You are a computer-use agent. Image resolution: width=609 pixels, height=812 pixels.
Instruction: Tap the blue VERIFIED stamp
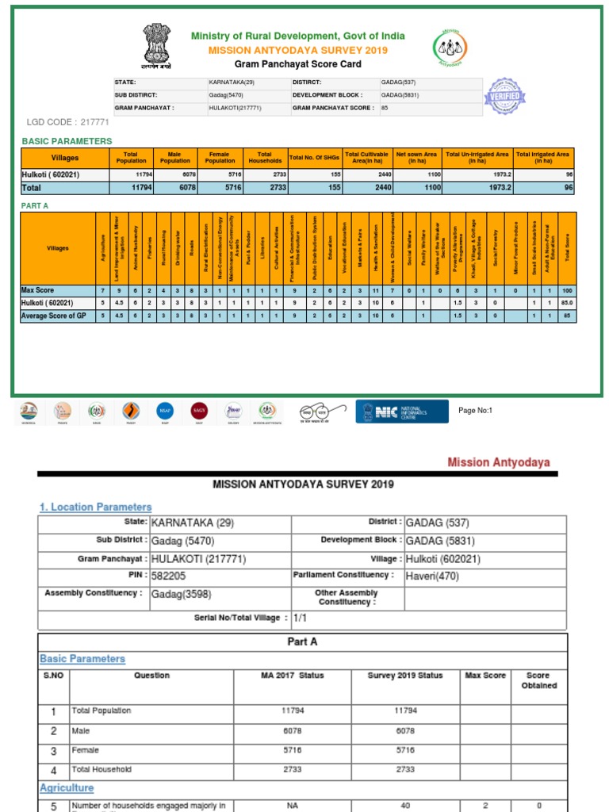pyautogui.click(x=505, y=96)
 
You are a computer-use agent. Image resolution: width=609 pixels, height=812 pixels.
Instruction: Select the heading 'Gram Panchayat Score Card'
pyautogui.click(x=297, y=64)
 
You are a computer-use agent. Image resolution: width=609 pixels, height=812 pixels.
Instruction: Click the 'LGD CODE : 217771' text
pyautogui.click(x=68, y=122)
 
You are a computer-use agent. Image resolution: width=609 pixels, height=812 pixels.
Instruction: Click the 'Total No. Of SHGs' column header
pyautogui.click(x=315, y=157)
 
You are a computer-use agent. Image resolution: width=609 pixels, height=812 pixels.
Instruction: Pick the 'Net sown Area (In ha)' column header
pyautogui.click(x=416, y=157)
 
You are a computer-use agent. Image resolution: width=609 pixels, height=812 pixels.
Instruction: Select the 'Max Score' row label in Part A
pyautogui.click(x=37, y=290)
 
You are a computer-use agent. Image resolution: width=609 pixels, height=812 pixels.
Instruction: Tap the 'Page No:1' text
pyautogui.click(x=476, y=410)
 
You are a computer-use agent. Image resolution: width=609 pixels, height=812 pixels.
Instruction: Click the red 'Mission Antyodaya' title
pyautogui.click(x=498, y=462)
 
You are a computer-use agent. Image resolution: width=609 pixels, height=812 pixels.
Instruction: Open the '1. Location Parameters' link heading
pyautogui.click(x=95, y=507)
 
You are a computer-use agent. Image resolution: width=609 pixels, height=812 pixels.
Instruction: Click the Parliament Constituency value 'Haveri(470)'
pyautogui.click(x=432, y=576)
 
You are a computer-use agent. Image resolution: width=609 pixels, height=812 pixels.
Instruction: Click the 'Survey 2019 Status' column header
pyautogui.click(x=404, y=676)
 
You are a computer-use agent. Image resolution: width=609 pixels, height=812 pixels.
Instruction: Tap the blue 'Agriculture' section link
pyautogui.click(x=67, y=787)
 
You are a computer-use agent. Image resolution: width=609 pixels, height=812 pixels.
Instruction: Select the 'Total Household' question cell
pyautogui.click(x=101, y=769)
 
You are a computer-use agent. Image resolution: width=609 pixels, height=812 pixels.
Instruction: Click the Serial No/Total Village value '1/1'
pyautogui.click(x=300, y=617)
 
